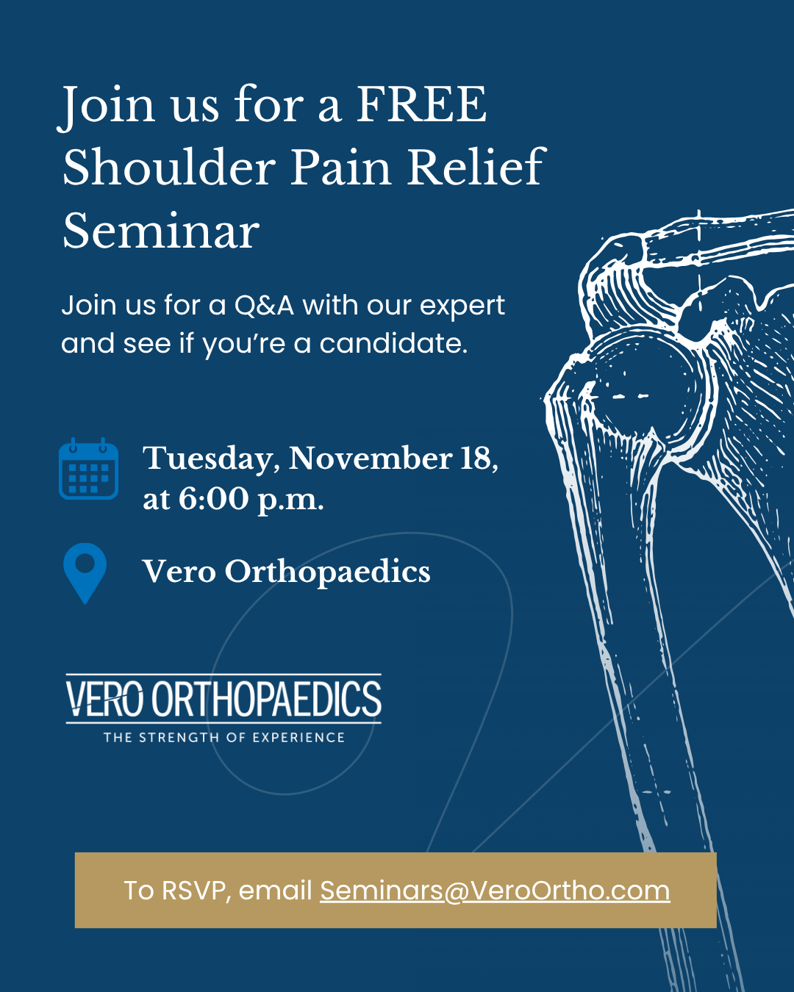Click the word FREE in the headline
click(422, 104)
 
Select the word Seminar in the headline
click(161, 231)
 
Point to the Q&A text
click(265, 305)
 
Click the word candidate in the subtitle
click(393, 344)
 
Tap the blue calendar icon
click(88, 468)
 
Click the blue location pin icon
click(85, 573)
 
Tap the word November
click(371, 459)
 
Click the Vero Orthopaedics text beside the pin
click(286, 572)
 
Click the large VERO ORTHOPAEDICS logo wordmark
click(223, 698)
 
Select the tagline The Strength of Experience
click(224, 737)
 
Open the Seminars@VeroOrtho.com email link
click(495, 890)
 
